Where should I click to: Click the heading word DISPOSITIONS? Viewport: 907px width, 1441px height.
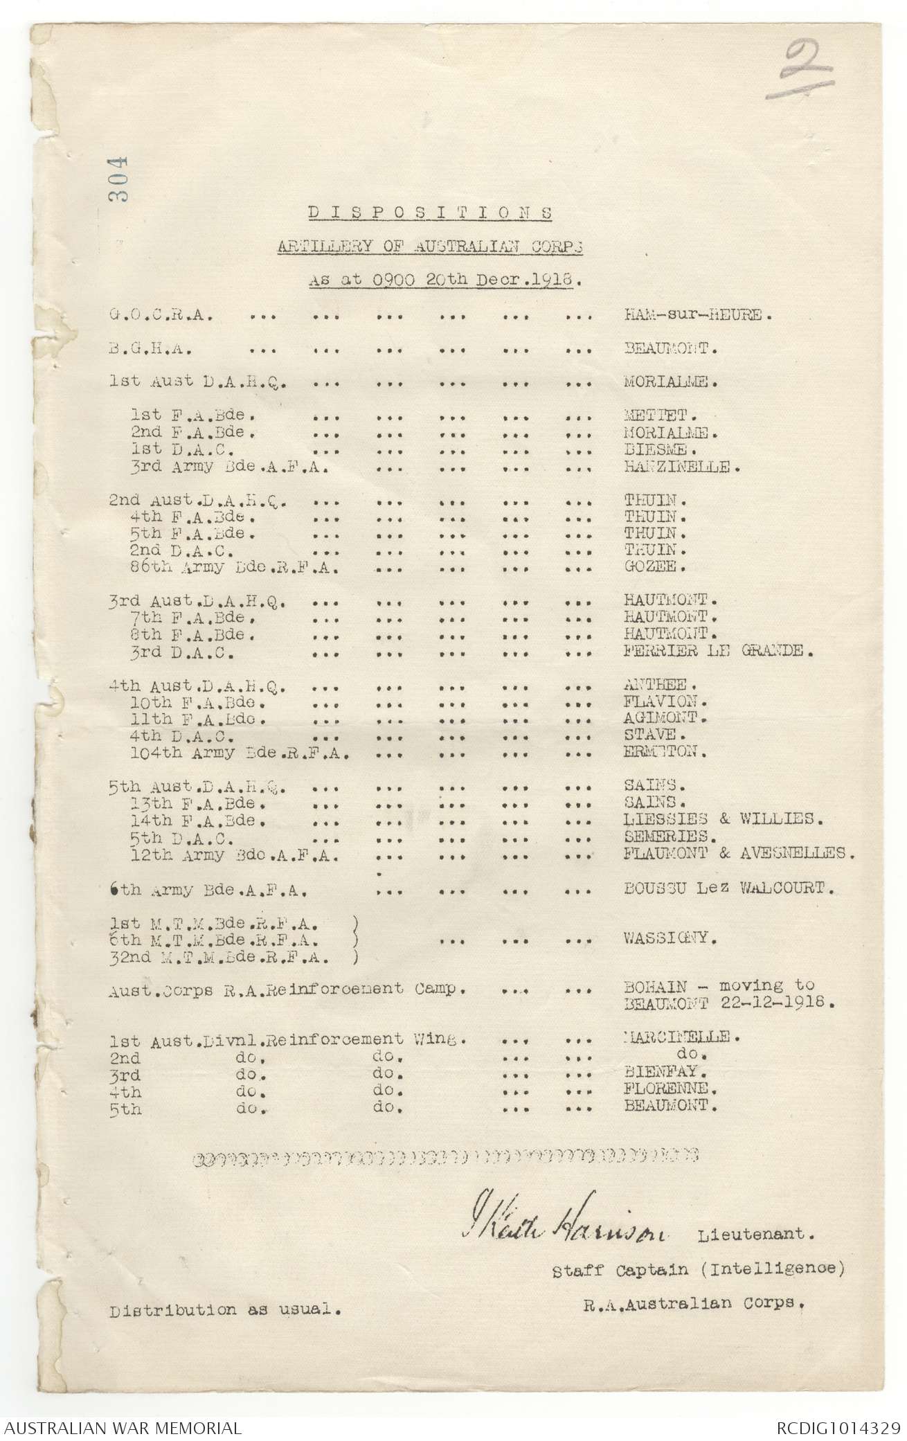pos(429,213)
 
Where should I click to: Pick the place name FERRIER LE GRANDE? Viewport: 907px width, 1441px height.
pos(715,652)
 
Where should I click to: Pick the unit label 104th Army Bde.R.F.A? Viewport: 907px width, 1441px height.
pos(228,753)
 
